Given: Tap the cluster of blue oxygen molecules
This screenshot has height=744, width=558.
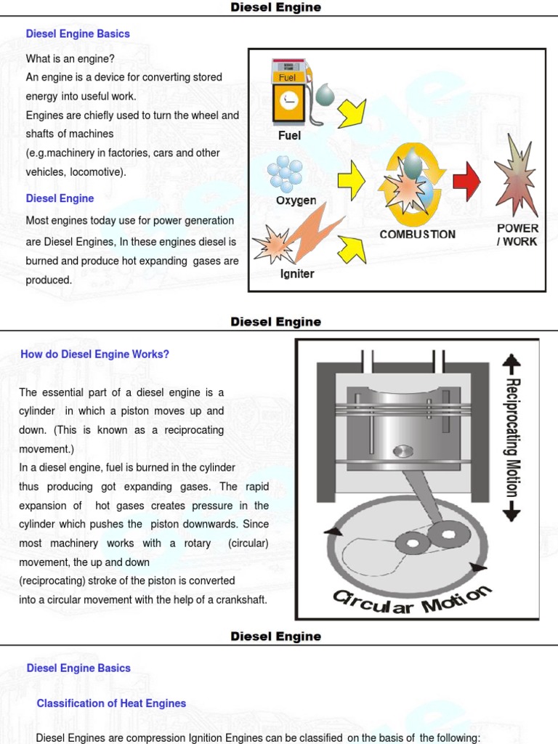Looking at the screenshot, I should coord(285,173).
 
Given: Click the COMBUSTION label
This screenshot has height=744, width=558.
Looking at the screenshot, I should coord(418,234).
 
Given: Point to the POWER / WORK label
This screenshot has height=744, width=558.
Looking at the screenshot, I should coord(517,235).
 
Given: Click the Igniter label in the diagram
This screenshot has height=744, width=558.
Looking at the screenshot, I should coord(297,274).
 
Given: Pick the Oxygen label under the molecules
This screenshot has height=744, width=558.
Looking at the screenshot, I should coord(296,200).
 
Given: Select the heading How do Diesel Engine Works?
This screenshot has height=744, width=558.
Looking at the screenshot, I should coord(94,355).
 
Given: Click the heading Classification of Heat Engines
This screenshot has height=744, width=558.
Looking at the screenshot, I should coord(111,703).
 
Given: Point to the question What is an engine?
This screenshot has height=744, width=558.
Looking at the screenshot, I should coord(70,59).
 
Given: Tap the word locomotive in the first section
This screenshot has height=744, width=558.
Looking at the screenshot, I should coord(98,172).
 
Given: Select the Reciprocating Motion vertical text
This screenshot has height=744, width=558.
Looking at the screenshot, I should coord(511,437).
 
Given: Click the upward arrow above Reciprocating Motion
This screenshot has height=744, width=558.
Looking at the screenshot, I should coord(511,363).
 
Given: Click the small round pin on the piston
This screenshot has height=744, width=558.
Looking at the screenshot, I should coord(402,451).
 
